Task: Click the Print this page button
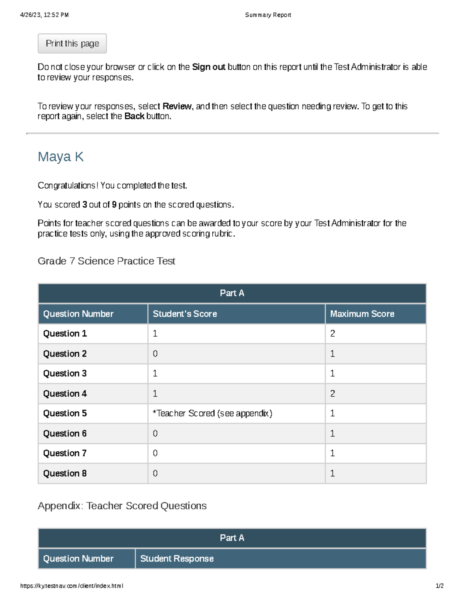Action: point(72,43)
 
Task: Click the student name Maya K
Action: point(60,157)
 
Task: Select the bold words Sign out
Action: point(208,67)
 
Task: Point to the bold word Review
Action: point(177,106)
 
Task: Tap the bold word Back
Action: point(134,116)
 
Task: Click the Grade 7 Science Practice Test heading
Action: point(106,261)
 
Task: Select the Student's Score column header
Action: point(185,314)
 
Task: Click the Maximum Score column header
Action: point(362,314)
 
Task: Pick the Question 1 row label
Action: point(65,334)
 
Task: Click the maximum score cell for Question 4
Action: point(333,394)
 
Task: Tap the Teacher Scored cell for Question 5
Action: point(212,413)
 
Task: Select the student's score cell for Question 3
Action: point(155,373)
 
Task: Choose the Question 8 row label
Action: point(65,473)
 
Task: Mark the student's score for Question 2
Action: point(155,354)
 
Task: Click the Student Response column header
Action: point(177,558)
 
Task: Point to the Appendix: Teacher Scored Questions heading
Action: point(122,506)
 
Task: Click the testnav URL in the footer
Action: point(72,586)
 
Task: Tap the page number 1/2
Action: point(439,586)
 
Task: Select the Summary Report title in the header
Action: point(268,15)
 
